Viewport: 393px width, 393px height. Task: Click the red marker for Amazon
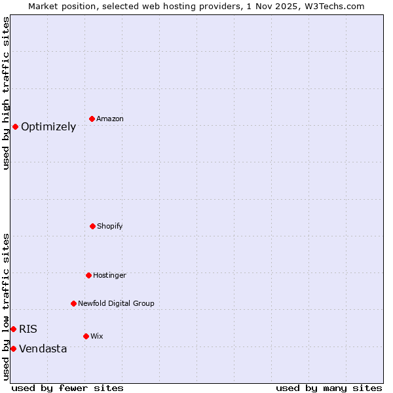[x=92, y=119]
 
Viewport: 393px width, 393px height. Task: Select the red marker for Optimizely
[x=15, y=126]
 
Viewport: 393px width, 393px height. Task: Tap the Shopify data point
[x=92, y=226]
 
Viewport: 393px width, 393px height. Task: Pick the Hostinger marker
[x=88, y=275]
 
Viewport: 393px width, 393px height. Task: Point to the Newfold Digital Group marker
[x=73, y=303]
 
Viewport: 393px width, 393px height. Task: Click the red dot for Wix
[x=86, y=336]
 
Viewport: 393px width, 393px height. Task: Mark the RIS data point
[x=13, y=329]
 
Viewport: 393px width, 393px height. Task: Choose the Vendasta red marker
[x=13, y=348]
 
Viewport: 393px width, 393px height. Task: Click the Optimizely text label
[x=48, y=127]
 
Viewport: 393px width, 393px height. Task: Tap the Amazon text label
[x=110, y=119]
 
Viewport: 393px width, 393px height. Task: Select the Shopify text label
[x=110, y=227]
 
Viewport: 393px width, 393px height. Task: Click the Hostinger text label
[x=109, y=276]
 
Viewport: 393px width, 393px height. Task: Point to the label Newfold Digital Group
[x=116, y=304]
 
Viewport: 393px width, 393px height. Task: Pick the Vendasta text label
[x=43, y=349]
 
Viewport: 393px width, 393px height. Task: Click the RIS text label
[x=28, y=329]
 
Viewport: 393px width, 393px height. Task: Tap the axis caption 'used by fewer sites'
[x=67, y=388]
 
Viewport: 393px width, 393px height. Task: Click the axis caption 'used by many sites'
[x=329, y=388]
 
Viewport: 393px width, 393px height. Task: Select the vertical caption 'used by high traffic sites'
[x=7, y=93]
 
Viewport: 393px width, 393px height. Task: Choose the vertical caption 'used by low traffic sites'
[x=7, y=306]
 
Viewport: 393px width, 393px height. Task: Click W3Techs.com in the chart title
[x=333, y=6]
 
